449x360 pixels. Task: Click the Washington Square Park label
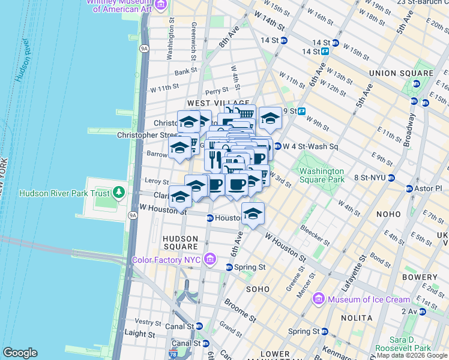pos(322,175)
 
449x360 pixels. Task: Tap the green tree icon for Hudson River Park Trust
pos(119,193)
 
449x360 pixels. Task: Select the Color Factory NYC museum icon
pos(209,259)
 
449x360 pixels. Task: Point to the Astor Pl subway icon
pos(410,188)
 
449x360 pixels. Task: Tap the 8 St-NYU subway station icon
pos(391,178)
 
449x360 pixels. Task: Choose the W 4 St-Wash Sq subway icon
pos(277,146)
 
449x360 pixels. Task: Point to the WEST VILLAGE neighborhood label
pos(209,104)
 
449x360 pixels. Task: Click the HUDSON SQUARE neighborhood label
pos(181,242)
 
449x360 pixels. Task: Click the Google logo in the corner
pos(20,352)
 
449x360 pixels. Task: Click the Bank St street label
pos(186,71)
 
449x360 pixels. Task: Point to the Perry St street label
pos(216,91)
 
